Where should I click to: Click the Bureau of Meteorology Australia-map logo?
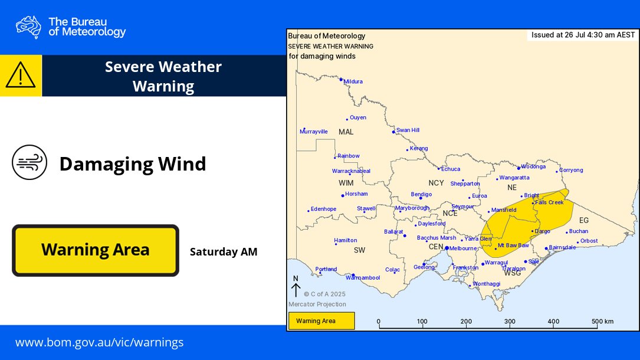click(x=28, y=27)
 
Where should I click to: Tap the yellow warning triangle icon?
click(x=21, y=76)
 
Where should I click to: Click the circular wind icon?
click(x=29, y=162)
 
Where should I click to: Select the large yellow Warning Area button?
click(x=95, y=250)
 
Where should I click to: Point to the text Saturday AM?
click(x=224, y=252)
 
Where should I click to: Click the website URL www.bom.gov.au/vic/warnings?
click(x=99, y=342)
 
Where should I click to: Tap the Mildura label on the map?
click(x=353, y=81)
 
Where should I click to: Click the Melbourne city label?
click(x=462, y=248)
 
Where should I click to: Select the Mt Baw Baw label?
click(x=513, y=245)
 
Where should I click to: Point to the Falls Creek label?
click(x=549, y=202)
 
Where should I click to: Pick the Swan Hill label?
click(x=408, y=130)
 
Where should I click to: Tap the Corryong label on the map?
click(x=570, y=170)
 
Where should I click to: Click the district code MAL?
click(x=346, y=132)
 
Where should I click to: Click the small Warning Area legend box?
click(x=321, y=321)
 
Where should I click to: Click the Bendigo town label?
click(x=421, y=194)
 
